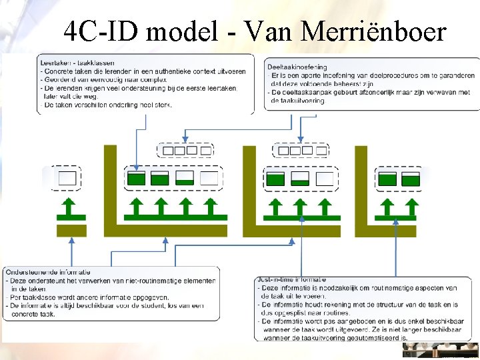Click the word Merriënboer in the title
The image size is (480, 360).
[373, 31]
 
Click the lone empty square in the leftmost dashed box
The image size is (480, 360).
[67, 178]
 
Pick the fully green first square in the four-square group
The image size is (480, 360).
[137, 178]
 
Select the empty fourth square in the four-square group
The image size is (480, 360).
[209, 178]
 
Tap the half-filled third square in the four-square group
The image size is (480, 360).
[185, 178]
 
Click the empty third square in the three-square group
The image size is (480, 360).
[325, 178]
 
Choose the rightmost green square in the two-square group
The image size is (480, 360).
[411, 178]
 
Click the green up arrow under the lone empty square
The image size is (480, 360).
[67, 208]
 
